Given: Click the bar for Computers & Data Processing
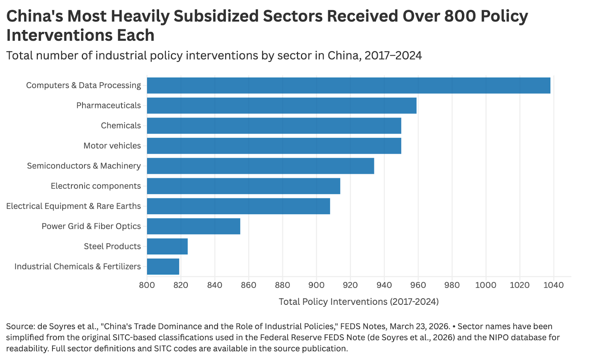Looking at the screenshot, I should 348,85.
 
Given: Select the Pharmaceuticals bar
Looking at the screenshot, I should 282,106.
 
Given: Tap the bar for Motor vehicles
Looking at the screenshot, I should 274,146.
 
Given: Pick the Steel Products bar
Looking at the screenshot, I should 167,246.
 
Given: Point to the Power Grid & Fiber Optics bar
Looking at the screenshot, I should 194,226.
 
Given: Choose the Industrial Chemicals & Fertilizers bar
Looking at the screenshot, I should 163,267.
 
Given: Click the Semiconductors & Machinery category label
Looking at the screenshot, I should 84,166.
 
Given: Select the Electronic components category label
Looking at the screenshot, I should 96,186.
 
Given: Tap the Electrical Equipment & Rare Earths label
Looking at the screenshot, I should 74,206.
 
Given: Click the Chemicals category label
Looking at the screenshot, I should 121,126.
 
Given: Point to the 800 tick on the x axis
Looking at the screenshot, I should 147,285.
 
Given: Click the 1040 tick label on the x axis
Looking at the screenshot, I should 553,285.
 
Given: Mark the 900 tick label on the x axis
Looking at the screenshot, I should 316,285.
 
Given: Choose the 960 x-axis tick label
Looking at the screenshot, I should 418,285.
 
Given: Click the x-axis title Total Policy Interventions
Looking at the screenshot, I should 359,302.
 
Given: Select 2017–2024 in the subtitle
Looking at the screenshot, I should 393,56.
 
